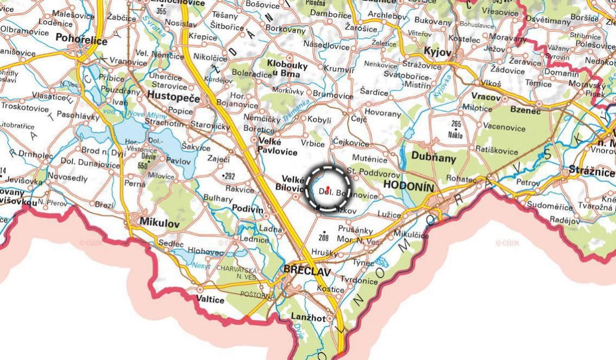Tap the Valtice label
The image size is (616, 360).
pyautogui.click(x=210, y=299)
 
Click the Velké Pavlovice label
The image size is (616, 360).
pyautogui.click(x=277, y=146)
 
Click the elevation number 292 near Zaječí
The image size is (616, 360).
pyautogui.click(x=229, y=176)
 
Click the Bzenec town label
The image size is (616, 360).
pyautogui.click(x=525, y=111)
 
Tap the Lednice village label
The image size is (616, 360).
pyautogui.click(x=254, y=239)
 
